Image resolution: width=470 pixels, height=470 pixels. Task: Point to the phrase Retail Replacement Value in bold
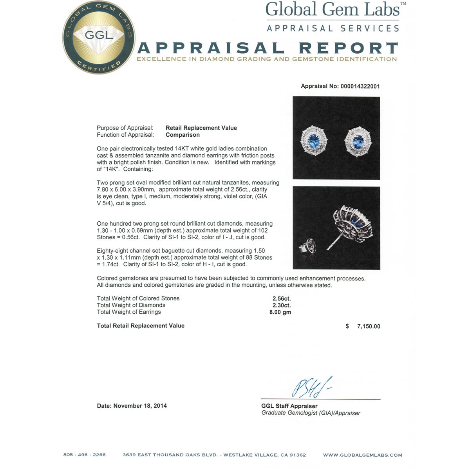pyautogui.click(x=201, y=128)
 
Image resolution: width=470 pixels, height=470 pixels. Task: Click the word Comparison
pyautogui.click(x=183, y=135)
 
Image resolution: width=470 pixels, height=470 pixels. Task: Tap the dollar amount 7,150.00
pyautogui.click(x=368, y=326)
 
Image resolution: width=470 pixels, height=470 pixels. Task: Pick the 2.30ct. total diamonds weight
pyautogui.click(x=282, y=305)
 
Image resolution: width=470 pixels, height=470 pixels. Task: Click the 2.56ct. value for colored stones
pyautogui.click(x=282, y=298)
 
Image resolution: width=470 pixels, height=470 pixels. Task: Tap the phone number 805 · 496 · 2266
pyautogui.click(x=84, y=455)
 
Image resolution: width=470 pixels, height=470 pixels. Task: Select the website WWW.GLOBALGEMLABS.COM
pyautogui.click(x=362, y=455)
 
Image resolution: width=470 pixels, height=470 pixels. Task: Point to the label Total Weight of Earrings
pyautogui.click(x=129, y=312)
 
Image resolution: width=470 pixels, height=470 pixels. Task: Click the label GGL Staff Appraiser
pyautogui.click(x=289, y=406)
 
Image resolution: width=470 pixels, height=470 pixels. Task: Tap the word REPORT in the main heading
pyautogui.click(x=348, y=48)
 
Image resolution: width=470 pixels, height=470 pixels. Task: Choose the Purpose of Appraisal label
pyautogui.click(x=125, y=128)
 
